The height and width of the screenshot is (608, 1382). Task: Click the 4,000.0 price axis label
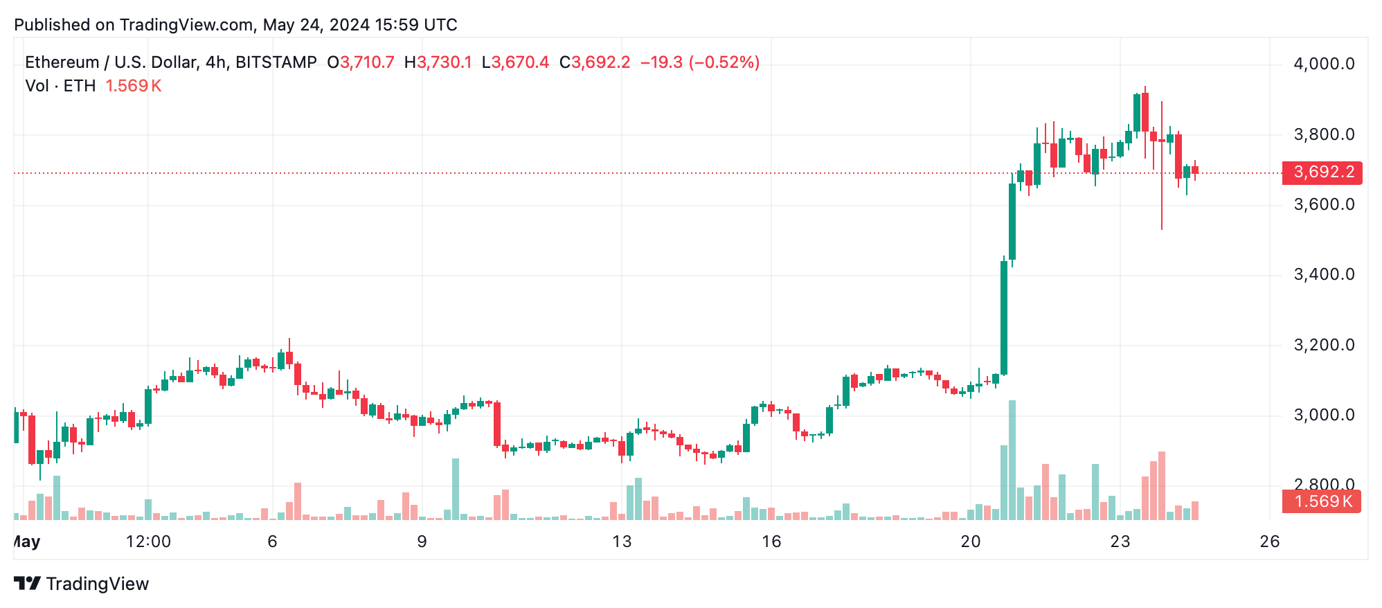1324,64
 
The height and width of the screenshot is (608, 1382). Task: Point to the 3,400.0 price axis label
1324,275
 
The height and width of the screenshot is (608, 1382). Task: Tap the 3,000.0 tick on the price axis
1324,415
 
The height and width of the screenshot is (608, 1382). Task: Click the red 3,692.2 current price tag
1322,172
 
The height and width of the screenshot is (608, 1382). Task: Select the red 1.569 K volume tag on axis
1321,501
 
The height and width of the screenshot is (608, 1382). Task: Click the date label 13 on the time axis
622,542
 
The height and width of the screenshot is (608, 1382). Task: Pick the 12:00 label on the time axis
148,542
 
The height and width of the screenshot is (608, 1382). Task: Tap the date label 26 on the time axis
1269,542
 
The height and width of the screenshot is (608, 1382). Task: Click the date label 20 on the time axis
971,542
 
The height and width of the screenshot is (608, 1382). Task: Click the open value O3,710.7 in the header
361,62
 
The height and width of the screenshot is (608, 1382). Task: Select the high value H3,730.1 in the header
438,62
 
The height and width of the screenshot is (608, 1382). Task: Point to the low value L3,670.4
516,62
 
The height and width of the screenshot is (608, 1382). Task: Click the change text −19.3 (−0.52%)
700,62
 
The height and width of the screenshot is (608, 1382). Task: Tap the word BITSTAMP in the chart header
276,62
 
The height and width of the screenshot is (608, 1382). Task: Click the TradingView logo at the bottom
82,584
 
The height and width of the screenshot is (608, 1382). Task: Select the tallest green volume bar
1012,461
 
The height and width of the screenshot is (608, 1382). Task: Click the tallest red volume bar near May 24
1162,486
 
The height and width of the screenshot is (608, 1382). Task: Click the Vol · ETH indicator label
60,86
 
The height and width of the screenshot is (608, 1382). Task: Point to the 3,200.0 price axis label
1324,346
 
